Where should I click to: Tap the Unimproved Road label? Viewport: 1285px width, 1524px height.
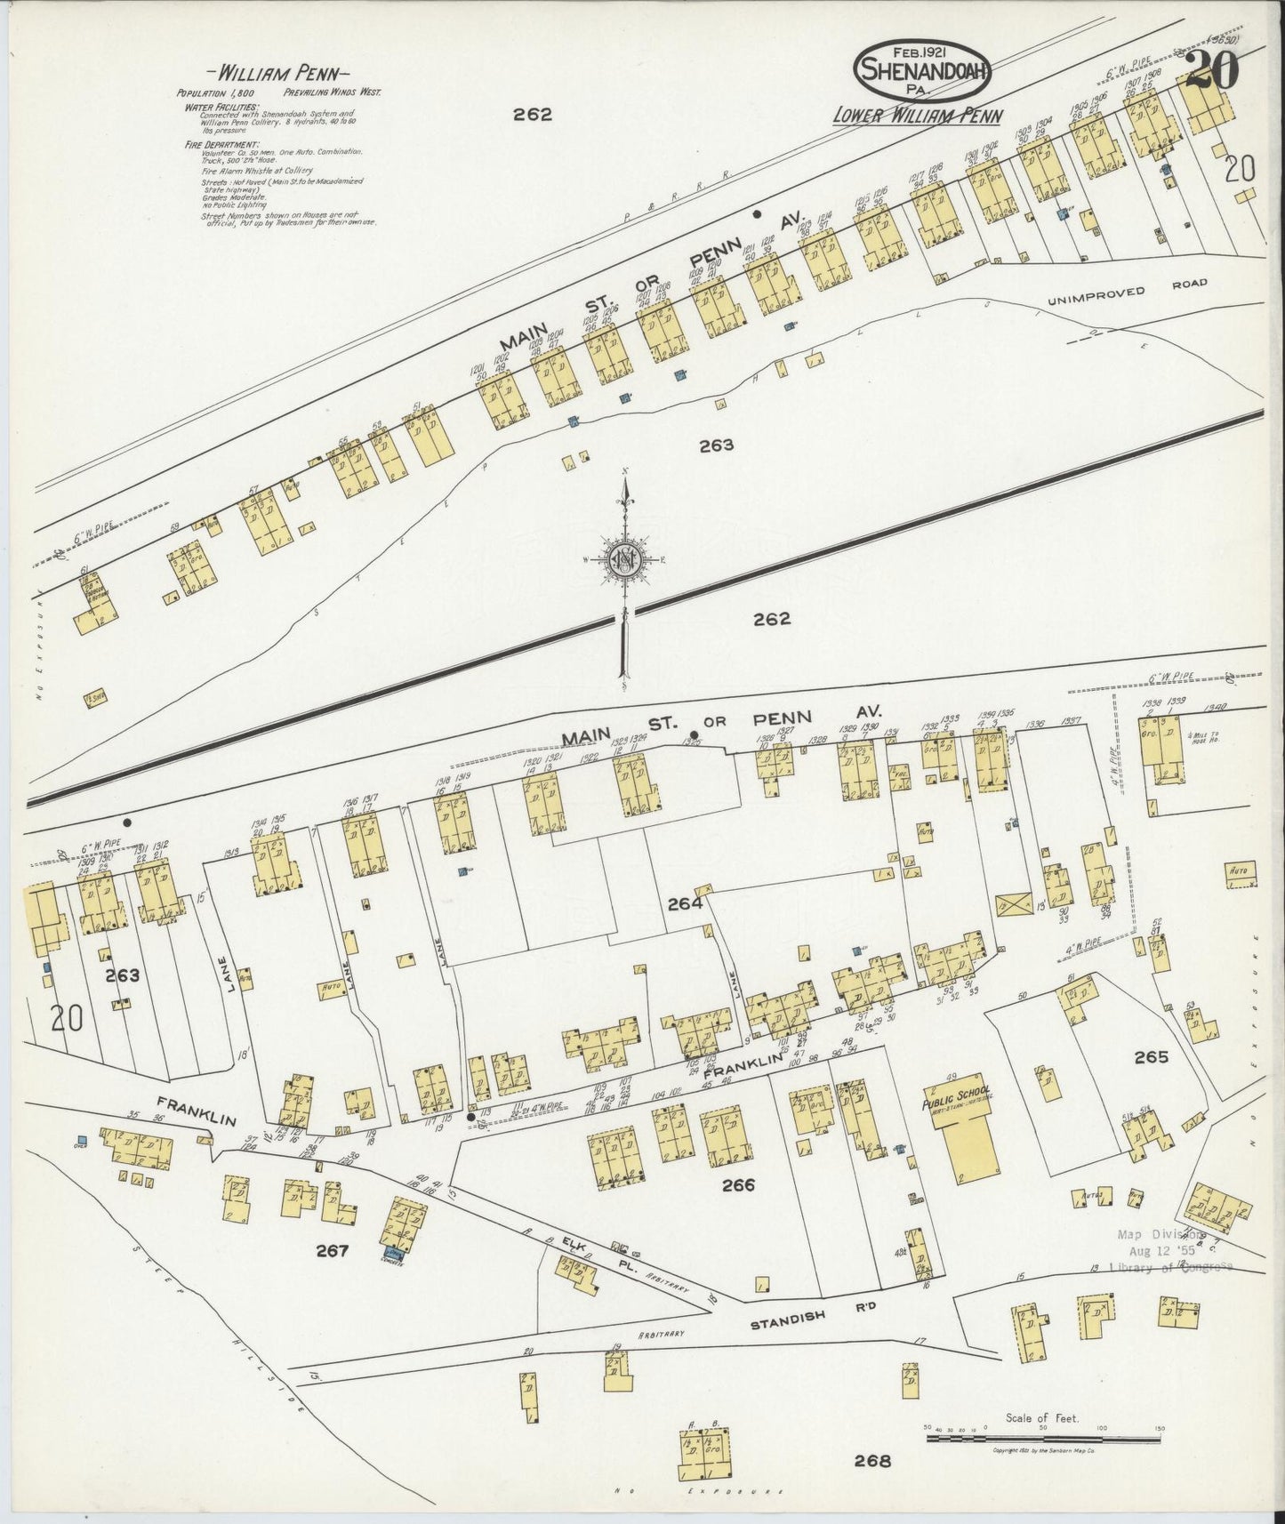pos(1127,292)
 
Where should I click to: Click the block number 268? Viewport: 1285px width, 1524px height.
pos(871,1460)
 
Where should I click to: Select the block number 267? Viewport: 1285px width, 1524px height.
pos(332,1252)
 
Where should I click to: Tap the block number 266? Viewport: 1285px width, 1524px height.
pos(737,1184)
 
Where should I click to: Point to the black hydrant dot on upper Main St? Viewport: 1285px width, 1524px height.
pos(757,213)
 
